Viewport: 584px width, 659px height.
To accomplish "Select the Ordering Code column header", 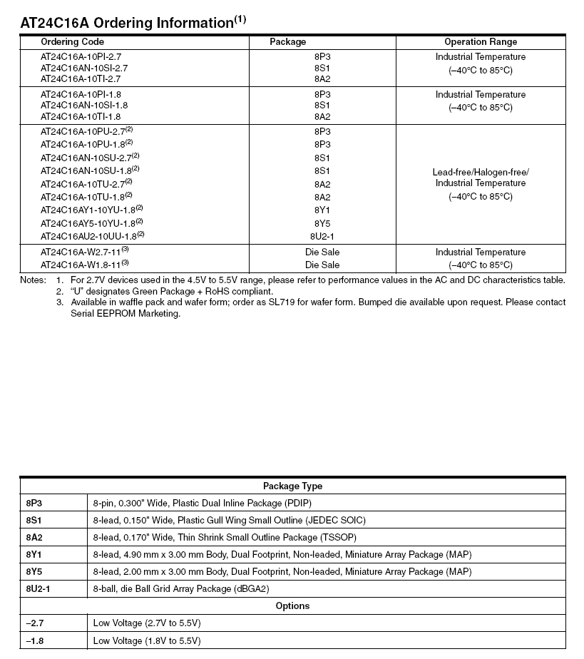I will click(x=72, y=42).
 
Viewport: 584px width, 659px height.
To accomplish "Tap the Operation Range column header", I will click(x=480, y=42).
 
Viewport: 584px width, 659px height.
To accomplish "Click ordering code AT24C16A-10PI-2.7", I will click(x=81, y=57).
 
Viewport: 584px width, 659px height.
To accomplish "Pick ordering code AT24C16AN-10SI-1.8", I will click(x=84, y=106).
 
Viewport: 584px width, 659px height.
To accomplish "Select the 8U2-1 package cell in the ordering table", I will click(x=322, y=236).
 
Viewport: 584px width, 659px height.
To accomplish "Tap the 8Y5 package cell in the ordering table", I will click(x=322, y=223).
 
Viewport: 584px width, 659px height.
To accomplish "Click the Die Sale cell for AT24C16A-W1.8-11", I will click(x=322, y=265).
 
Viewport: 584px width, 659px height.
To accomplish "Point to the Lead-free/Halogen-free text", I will click(x=480, y=173).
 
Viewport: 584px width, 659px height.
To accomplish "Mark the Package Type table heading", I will click(x=292, y=486).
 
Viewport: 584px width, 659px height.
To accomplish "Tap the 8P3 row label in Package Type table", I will click(x=34, y=504).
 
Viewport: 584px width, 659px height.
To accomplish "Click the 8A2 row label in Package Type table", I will click(x=34, y=538).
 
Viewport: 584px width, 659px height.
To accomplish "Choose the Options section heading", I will click(x=292, y=606).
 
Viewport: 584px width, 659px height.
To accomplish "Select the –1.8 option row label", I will click(x=34, y=640).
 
